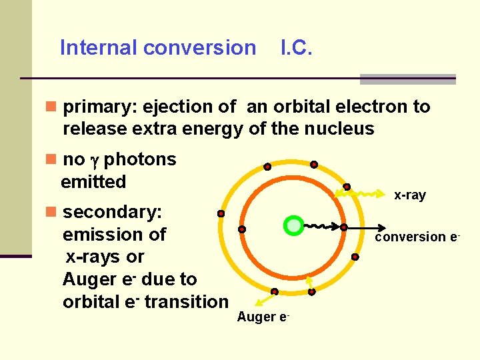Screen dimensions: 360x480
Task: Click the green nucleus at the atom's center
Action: click(293, 225)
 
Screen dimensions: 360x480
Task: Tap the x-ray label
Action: click(409, 195)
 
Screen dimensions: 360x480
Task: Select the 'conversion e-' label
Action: click(418, 237)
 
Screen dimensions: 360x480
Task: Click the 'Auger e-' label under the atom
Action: click(263, 317)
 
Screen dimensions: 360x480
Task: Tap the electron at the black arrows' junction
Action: click(344, 227)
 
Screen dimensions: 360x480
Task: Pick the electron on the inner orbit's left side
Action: click(242, 229)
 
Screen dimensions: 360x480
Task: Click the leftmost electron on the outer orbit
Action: click(221, 214)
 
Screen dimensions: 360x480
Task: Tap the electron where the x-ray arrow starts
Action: click(347, 187)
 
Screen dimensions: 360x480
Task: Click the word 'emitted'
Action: click(93, 181)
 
